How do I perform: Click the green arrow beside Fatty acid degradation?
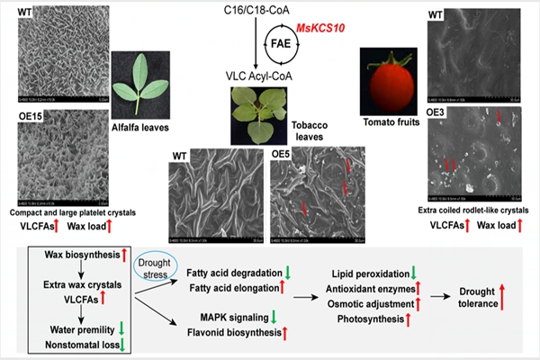(x=286, y=273)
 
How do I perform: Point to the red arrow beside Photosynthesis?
(x=412, y=319)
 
